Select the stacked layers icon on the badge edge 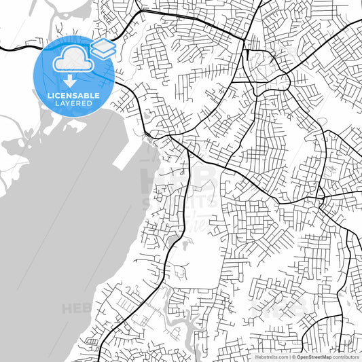coord(103,48)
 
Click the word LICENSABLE coord(73,96)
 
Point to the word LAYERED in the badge coord(73,103)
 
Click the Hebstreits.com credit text coord(270,356)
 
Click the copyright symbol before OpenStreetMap coord(293,356)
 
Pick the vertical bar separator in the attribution coord(289,356)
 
